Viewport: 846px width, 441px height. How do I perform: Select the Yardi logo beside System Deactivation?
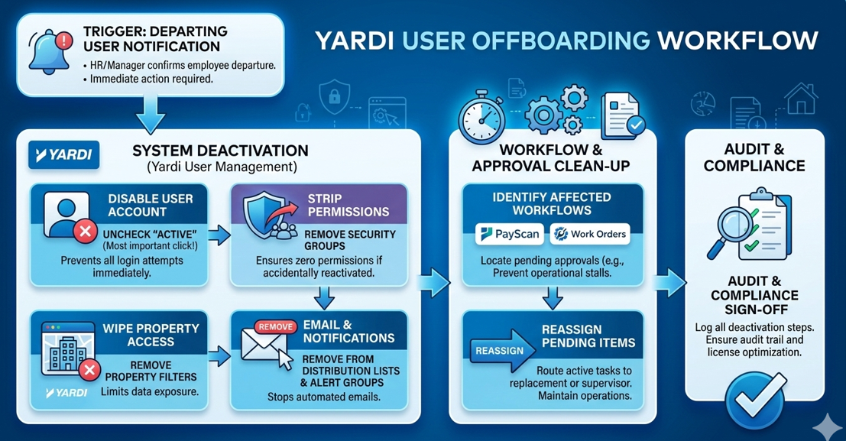click(x=63, y=155)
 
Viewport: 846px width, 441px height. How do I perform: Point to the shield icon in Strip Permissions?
click(x=263, y=214)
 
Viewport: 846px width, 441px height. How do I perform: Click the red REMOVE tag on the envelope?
click(x=275, y=326)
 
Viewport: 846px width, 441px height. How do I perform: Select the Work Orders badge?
click(x=590, y=234)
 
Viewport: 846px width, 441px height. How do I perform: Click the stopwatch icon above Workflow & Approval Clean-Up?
click(x=481, y=116)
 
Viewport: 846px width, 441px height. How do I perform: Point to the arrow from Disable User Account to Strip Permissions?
click(x=219, y=235)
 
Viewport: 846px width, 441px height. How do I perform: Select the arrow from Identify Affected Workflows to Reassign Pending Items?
click(x=553, y=297)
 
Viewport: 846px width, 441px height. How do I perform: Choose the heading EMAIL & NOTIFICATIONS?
click(x=348, y=332)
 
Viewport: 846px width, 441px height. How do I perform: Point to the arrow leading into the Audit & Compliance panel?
click(x=670, y=283)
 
